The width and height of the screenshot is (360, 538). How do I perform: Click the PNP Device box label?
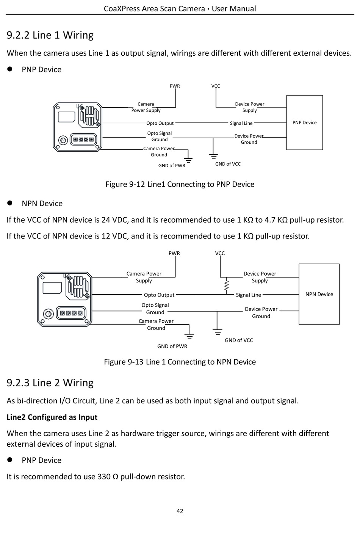pyautogui.click(x=304, y=122)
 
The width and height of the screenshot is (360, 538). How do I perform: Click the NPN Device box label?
pyautogui.click(x=319, y=294)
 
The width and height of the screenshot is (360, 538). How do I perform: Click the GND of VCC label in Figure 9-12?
pyautogui.click(x=228, y=164)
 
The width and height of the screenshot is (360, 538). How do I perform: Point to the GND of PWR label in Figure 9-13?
pyautogui.click(x=172, y=346)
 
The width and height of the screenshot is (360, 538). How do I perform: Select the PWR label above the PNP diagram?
pyautogui.click(x=175, y=86)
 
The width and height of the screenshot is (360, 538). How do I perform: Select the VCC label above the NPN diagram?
pyautogui.click(x=220, y=253)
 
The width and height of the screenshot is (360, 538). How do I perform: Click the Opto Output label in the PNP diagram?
pyautogui.click(x=160, y=123)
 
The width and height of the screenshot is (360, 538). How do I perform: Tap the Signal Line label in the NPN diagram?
pyautogui.click(x=249, y=295)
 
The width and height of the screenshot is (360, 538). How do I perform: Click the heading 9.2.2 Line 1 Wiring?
pyautogui.click(x=50, y=35)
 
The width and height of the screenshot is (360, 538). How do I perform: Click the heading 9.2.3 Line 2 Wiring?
pyautogui.click(x=50, y=383)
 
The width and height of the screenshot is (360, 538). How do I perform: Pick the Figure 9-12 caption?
pyautogui.click(x=180, y=184)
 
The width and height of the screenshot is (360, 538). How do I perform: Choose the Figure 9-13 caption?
pyautogui.click(x=180, y=362)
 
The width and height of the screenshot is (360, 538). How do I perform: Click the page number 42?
pyautogui.click(x=180, y=511)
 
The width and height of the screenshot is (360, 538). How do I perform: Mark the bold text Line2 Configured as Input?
pyautogui.click(x=52, y=417)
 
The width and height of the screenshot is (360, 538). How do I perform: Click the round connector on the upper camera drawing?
pyautogui.click(x=63, y=140)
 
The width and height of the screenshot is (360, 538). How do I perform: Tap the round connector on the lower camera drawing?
pyautogui.click(x=48, y=314)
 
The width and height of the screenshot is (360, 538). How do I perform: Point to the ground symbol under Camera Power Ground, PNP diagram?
pyautogui.click(x=188, y=160)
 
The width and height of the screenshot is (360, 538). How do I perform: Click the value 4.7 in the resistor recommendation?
pyautogui.click(x=269, y=220)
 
